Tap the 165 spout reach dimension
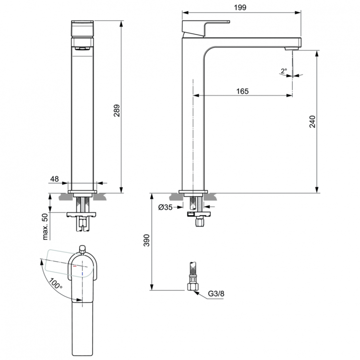(x=242, y=91)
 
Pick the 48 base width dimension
(x=54, y=179)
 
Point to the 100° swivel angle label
(x=56, y=284)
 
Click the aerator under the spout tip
(x=292, y=48)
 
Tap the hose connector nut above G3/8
(x=193, y=287)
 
